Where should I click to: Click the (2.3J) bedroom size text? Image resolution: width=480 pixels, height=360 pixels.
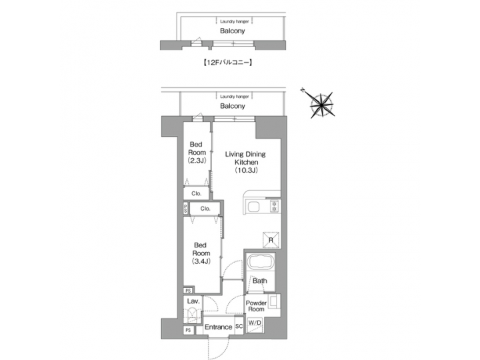196,161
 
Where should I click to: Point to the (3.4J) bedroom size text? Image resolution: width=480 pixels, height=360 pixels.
201,261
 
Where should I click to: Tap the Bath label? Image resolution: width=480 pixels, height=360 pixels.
259,281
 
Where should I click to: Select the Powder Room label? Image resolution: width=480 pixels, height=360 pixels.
257,307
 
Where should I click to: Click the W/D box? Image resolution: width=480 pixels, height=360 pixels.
255,323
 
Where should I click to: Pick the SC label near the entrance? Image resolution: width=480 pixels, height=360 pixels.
239,327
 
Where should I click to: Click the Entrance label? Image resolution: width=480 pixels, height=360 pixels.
218,327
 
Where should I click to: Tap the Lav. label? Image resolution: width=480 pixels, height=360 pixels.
193,302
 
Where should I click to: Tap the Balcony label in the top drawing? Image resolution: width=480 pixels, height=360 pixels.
233,30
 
